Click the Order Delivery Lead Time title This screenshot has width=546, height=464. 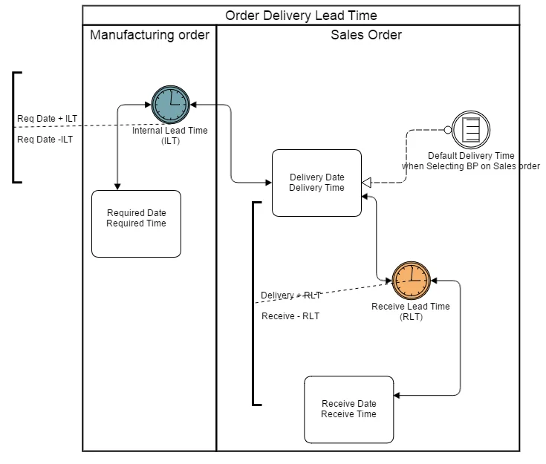click(x=300, y=16)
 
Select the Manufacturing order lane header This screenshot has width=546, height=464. click(x=149, y=35)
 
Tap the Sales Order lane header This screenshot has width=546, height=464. click(x=368, y=35)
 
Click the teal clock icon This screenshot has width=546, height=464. click(x=171, y=105)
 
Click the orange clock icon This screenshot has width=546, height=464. click(x=411, y=281)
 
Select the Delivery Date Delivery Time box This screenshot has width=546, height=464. click(x=316, y=183)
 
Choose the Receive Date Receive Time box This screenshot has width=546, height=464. click(x=348, y=409)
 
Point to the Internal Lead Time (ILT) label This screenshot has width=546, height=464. click(x=170, y=136)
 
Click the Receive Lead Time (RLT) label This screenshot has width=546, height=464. click(x=410, y=311)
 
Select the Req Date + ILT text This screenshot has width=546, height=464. click(x=47, y=119)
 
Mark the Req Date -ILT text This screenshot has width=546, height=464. click(x=45, y=139)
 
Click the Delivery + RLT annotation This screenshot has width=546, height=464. click(x=290, y=295)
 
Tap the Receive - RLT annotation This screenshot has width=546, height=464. click(x=290, y=316)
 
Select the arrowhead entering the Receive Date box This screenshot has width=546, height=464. click(x=399, y=395)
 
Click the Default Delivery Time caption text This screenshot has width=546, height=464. click(x=471, y=161)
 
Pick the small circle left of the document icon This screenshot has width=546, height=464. click(x=448, y=130)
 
